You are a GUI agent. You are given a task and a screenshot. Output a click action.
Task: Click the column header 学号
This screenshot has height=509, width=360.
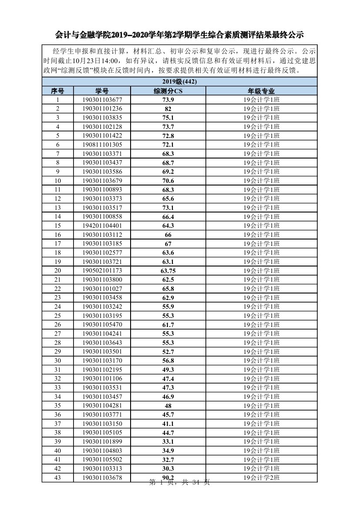[102, 91]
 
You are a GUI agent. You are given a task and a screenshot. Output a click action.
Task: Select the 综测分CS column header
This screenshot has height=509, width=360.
[168, 91]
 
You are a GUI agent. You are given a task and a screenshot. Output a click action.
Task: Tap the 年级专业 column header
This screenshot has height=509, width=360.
[261, 91]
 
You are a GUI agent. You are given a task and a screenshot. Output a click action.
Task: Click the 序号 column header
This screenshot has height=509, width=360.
[57, 91]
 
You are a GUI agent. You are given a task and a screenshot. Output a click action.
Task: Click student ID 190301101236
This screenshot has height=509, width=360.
[102, 109]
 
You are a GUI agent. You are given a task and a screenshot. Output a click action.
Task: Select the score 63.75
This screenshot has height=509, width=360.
[168, 271]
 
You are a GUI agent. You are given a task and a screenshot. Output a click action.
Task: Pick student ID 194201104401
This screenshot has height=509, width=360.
[102, 226]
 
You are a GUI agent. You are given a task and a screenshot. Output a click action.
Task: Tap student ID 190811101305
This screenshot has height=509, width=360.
[102, 145]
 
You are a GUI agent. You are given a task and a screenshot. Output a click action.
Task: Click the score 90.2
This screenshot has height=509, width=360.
[168, 478]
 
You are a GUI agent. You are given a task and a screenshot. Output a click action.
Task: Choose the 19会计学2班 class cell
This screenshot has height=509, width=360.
[261, 478]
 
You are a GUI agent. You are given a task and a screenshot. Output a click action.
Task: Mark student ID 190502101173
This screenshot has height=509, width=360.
[102, 271]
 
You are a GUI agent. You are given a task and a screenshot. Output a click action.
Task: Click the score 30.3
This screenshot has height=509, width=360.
[168, 469]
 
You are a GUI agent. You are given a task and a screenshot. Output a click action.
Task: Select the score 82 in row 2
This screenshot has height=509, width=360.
[168, 109]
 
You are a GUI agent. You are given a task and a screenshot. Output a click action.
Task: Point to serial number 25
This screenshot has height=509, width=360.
[57, 316]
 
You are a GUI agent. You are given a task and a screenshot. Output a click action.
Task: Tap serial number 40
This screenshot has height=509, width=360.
[57, 451]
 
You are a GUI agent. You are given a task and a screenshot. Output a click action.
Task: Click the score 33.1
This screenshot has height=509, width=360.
[168, 442]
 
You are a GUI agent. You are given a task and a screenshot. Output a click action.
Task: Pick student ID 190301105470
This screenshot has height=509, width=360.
[102, 325]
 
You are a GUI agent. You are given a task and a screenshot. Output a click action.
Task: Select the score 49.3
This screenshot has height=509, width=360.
[168, 370]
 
